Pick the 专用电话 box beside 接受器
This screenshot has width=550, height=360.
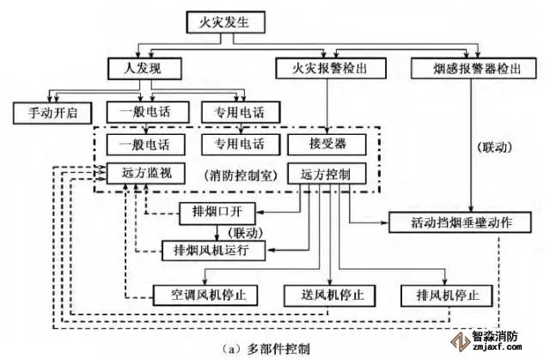234,143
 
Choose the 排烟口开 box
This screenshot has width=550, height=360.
219,211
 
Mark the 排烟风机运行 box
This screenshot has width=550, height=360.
219,250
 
